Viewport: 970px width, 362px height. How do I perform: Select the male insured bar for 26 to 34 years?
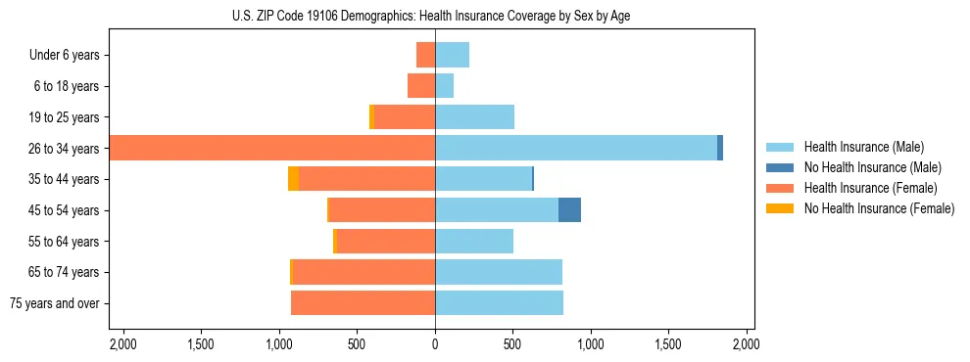click(576, 148)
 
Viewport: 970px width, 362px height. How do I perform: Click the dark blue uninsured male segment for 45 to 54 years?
click(569, 209)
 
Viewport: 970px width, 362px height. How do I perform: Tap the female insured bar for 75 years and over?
click(363, 303)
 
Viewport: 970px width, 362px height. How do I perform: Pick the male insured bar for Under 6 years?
click(452, 55)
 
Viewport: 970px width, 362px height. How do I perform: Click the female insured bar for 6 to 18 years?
click(421, 86)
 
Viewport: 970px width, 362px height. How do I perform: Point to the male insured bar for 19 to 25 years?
click(474, 117)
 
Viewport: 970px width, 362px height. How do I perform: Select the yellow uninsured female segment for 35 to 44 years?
click(293, 179)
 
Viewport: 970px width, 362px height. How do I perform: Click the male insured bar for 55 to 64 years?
click(474, 241)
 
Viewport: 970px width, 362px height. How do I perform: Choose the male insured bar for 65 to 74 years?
click(499, 272)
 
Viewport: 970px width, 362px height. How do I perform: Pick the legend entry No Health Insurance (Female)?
click(878, 208)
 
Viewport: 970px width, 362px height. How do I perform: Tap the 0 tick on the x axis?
click(435, 345)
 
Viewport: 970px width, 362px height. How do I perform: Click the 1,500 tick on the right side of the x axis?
click(668, 345)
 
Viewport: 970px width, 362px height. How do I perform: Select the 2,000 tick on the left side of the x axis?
click(122, 345)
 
